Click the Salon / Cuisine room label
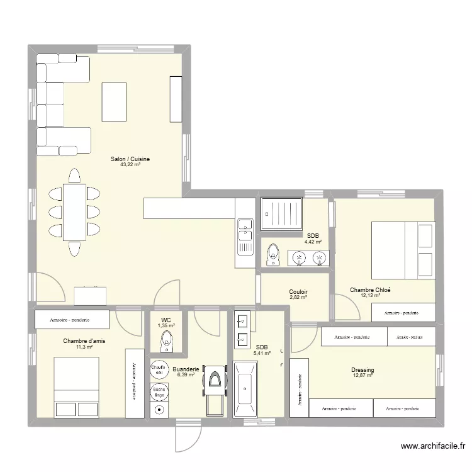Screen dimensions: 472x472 click(130, 159)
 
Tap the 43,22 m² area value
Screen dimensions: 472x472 click(130, 165)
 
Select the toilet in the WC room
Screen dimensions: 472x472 click(166, 342)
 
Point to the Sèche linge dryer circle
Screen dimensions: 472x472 click(157, 391)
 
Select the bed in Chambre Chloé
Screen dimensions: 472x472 click(403, 249)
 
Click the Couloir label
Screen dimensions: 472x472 click(298, 291)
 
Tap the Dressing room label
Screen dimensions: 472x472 click(362, 370)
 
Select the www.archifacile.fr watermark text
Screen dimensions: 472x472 click(433, 446)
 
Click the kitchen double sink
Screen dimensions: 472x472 click(244, 230)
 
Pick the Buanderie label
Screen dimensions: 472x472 click(186, 369)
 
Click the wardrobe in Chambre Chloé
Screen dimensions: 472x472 click(403, 312)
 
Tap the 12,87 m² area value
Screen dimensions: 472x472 click(362, 376)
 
